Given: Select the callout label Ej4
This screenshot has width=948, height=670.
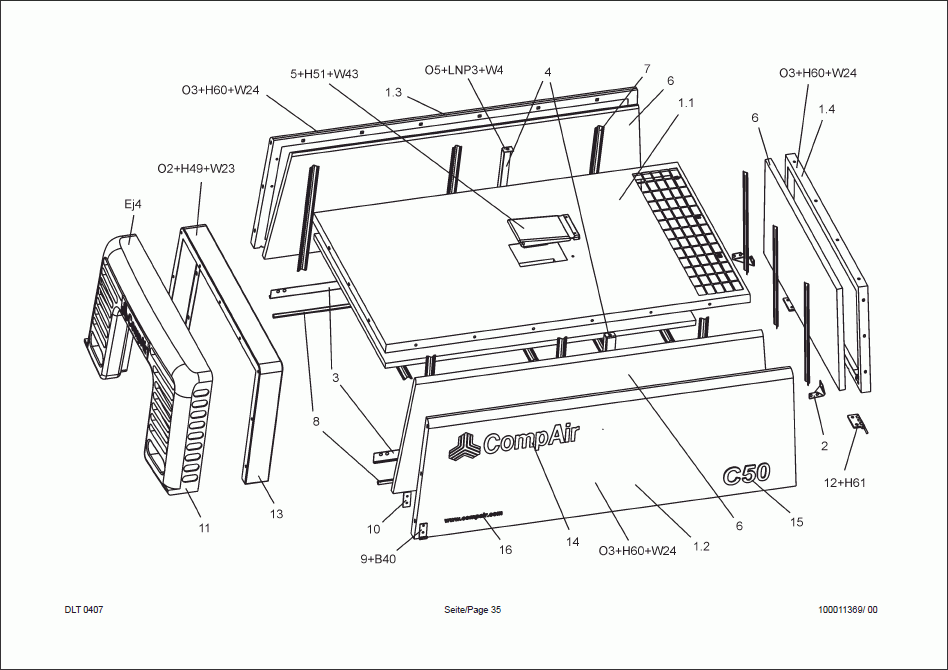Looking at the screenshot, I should pos(133,204).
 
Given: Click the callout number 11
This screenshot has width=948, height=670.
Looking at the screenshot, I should pos(204,527).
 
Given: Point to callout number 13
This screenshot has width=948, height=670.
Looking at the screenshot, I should pos(276,514).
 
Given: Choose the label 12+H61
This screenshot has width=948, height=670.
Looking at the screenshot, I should pos(845,483).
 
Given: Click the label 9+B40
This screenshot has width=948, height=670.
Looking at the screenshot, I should pos(379,559).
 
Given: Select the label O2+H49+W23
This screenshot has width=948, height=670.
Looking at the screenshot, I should pos(196,168).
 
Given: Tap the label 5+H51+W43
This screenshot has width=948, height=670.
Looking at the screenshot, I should pos(325,74).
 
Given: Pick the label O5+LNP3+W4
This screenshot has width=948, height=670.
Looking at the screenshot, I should pos(464,70).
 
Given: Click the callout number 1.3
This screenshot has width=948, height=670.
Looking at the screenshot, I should pos(393,92).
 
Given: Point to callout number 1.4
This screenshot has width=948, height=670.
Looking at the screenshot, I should pos(827,108).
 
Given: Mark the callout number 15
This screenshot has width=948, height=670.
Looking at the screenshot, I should pos(797,521).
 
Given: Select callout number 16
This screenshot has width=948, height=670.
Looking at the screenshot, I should pos(505,550).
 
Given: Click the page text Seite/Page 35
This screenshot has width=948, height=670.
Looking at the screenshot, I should pos(473,610).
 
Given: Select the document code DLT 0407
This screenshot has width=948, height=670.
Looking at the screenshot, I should pos(84,610).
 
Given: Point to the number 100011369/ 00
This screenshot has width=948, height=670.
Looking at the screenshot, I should pos(847,610).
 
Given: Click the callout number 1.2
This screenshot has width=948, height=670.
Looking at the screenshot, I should pos(701,547).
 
